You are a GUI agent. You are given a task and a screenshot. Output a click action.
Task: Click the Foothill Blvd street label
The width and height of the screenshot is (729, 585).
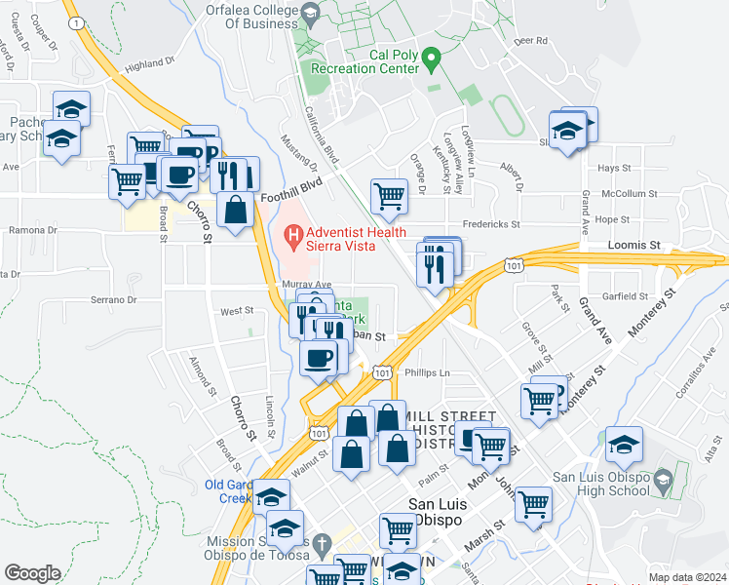point(290,196)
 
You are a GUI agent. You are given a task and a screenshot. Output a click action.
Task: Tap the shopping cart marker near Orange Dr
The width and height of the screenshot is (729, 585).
point(389,195)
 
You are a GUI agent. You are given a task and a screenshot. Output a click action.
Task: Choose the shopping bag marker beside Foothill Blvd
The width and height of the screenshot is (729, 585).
point(236,209)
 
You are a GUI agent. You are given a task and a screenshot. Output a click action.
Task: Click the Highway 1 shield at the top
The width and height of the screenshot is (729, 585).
point(76,21)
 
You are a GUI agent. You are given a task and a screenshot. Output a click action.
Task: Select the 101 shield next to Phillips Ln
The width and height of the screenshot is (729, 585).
point(383,372)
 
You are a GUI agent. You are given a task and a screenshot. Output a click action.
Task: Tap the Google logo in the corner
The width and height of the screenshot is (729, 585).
point(32,573)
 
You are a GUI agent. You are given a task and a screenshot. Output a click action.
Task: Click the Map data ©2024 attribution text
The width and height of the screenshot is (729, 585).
point(687,577)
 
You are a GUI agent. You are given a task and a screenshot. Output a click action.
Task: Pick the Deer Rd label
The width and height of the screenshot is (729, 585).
point(531,41)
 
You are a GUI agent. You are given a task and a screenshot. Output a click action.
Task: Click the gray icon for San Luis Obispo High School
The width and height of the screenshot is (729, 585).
point(663,481)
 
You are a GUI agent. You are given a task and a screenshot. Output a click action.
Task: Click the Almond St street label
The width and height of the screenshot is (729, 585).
point(201,376)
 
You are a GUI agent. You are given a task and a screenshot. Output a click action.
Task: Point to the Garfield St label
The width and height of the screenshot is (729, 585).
point(625,294)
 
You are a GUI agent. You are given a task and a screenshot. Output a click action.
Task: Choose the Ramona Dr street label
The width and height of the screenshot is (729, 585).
point(33,231)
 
